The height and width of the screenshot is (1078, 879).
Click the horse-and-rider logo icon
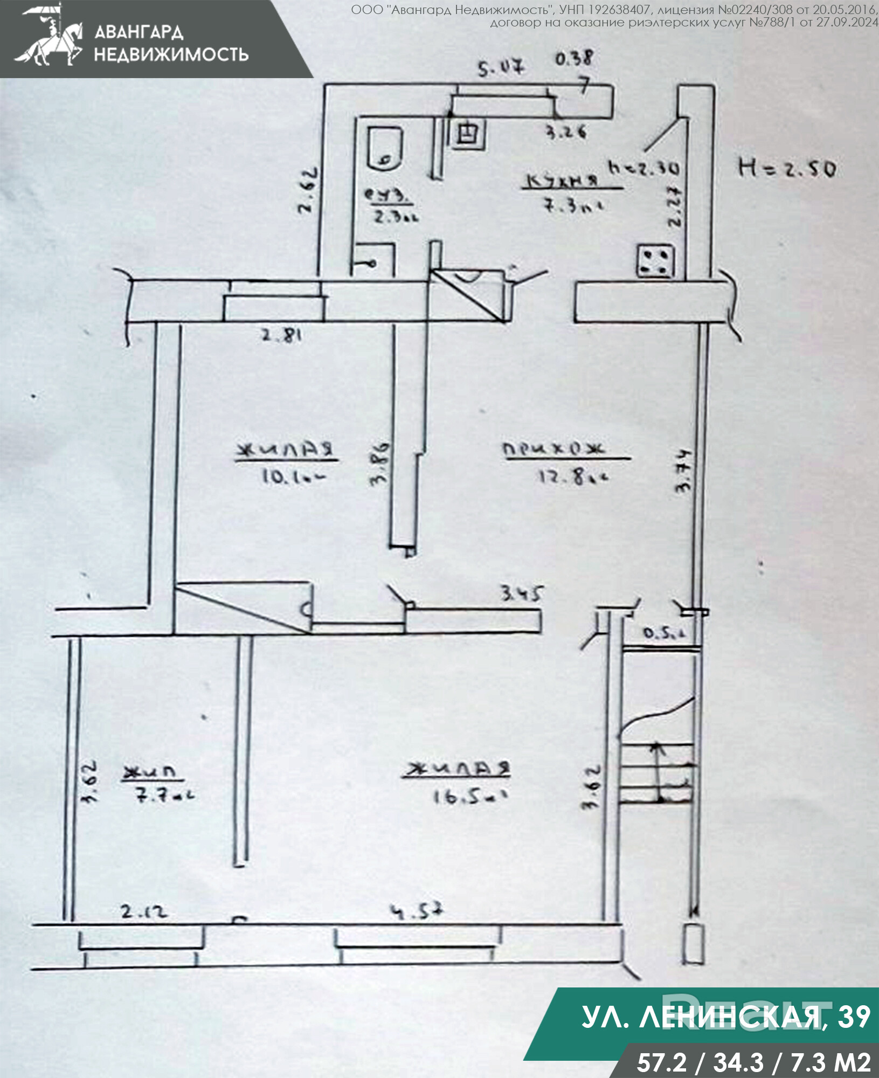[x=50, y=37]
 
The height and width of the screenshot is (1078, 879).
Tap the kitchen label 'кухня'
[x=562, y=182]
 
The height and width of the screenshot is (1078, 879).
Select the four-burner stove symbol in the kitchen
[x=655, y=261]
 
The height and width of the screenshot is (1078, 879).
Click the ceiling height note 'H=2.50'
[x=786, y=168]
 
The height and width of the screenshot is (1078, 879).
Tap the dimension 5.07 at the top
[x=501, y=68]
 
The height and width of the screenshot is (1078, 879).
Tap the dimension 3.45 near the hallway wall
[x=521, y=593]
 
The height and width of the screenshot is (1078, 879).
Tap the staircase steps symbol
[x=657, y=772]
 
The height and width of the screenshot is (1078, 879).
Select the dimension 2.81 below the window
[x=281, y=335]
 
